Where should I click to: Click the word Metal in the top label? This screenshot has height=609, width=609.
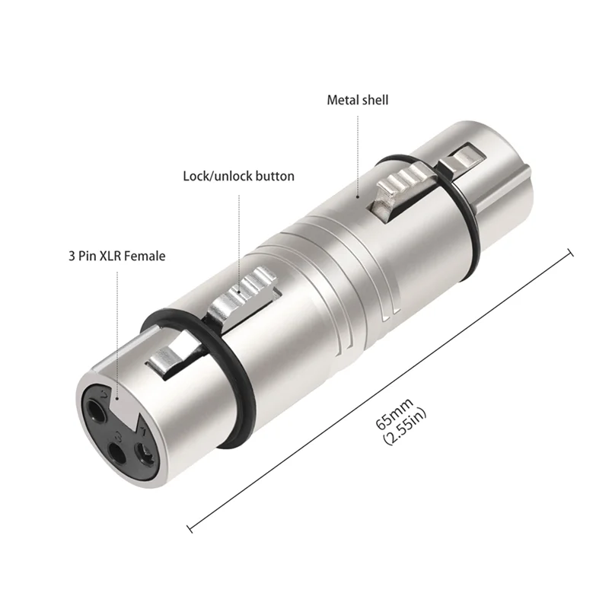coord(343,100)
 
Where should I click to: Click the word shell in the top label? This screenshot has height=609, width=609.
coord(374,100)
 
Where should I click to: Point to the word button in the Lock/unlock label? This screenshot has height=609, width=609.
coord(275,176)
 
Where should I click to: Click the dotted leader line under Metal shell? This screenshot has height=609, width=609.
coord(357,152)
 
